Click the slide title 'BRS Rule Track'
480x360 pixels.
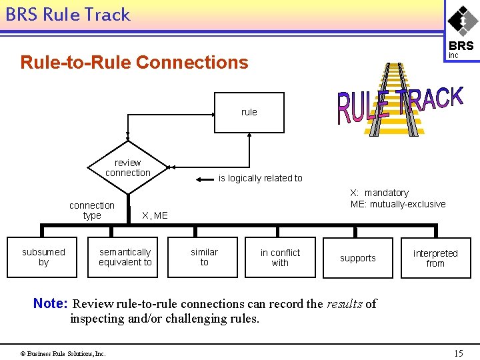point(67,15)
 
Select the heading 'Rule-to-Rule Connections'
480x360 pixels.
point(134,63)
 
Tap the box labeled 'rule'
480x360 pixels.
point(249,112)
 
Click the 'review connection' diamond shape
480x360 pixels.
point(127,167)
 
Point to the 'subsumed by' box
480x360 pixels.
point(43,257)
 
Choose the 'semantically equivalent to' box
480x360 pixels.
point(125,257)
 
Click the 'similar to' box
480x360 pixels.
point(204,257)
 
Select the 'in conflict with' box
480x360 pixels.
point(280,257)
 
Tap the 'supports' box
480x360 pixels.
point(358,258)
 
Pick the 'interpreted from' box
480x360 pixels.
point(435,258)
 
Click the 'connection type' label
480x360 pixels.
point(92,210)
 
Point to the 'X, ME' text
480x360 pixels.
point(155,215)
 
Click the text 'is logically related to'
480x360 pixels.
point(260,178)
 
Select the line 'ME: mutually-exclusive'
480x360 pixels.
point(397,204)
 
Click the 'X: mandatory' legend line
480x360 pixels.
point(379,193)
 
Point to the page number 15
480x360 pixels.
point(458,353)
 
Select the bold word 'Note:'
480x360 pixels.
point(51,304)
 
